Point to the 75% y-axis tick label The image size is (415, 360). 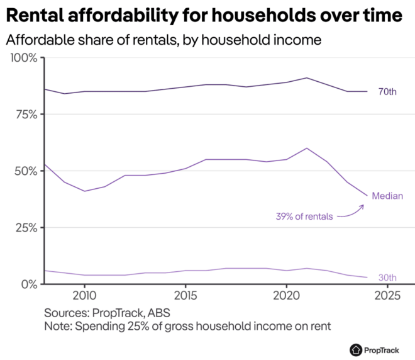coord(25,115)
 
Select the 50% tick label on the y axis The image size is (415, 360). coord(25,171)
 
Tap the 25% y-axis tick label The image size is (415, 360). coord(25,227)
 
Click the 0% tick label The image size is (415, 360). coord(28,284)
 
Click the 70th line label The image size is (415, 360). coord(387,93)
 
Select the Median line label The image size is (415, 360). coord(387,196)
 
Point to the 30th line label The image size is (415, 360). coord(387,278)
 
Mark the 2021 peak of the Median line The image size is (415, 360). coord(306,149)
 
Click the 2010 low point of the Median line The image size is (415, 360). coord(84,191)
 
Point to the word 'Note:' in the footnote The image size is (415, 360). coord(57,327)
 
